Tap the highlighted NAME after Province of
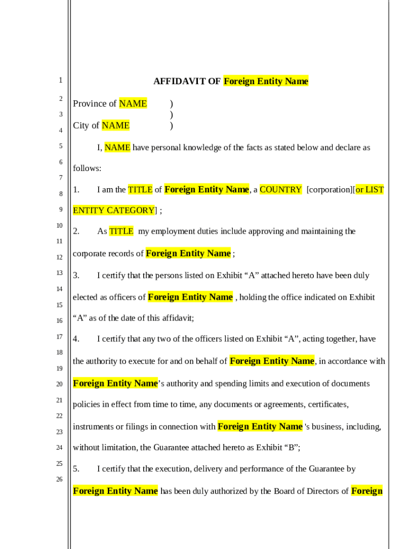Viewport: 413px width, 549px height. tap(133, 103)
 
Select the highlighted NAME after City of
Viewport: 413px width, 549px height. tap(116, 125)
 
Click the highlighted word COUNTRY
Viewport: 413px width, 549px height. tap(281, 190)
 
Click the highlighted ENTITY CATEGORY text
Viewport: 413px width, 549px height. tap(113, 210)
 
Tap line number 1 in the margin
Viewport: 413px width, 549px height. tap(61, 80)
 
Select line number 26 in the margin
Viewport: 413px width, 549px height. tap(60, 479)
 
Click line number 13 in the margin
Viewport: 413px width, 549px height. tap(60, 273)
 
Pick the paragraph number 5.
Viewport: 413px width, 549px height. tap(76, 469)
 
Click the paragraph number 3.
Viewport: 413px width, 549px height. tap(76, 276)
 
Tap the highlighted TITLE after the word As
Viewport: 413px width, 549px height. tap(121, 232)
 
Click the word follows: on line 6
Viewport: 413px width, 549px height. tap(87, 168)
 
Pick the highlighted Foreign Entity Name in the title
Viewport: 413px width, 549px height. tap(265, 81)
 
